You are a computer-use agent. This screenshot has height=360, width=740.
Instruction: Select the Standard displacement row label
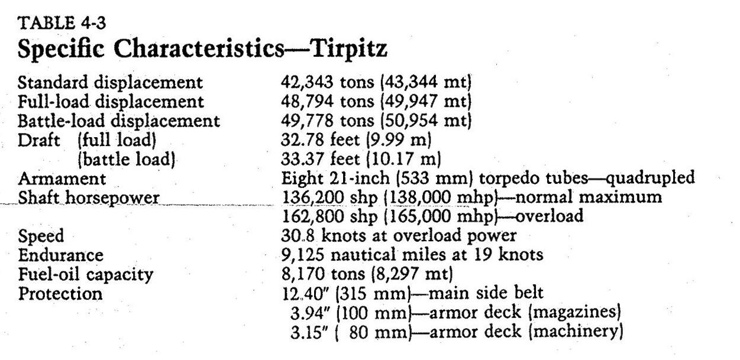(x=111, y=83)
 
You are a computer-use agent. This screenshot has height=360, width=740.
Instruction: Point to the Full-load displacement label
(x=111, y=102)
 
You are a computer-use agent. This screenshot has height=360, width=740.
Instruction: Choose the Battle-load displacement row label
(x=119, y=121)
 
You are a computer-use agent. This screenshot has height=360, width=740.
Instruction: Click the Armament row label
(x=62, y=179)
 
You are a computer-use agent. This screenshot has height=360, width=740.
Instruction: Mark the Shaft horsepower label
(x=89, y=197)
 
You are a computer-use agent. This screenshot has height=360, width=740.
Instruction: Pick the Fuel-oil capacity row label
(x=86, y=274)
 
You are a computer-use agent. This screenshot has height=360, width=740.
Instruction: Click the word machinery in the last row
(x=576, y=331)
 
